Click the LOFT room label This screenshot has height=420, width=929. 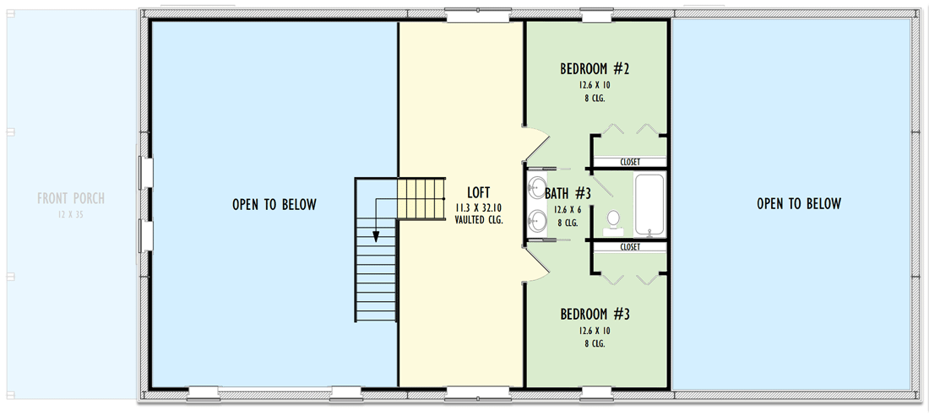[x=478, y=191]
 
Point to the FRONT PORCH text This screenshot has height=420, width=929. [x=71, y=199]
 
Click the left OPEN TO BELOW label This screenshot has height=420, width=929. [x=274, y=204]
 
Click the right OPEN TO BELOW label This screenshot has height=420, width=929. [x=799, y=203]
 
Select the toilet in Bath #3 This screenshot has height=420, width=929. [x=614, y=222]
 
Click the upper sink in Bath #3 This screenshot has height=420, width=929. [x=538, y=187]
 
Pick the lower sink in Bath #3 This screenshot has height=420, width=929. [x=538, y=221]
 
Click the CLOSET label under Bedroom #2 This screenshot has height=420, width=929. [x=630, y=162]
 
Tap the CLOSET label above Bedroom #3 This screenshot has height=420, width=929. [x=630, y=247]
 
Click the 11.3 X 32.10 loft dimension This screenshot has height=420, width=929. [x=478, y=207]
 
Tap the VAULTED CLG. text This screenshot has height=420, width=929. [x=478, y=219]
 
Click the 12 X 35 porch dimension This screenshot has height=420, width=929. [x=71, y=215]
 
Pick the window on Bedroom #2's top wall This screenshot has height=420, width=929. [x=597, y=14]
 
